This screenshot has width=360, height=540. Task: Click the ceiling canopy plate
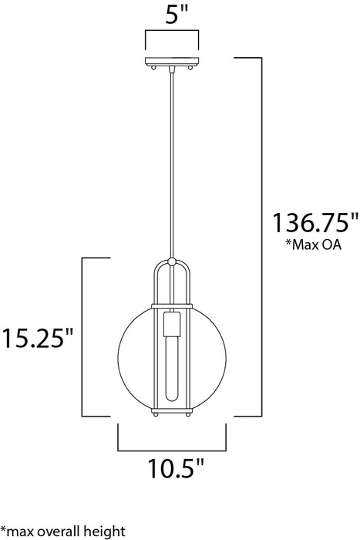click(x=172, y=62)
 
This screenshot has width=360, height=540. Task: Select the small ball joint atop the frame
click(x=172, y=261)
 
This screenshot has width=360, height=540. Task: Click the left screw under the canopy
click(x=157, y=69)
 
